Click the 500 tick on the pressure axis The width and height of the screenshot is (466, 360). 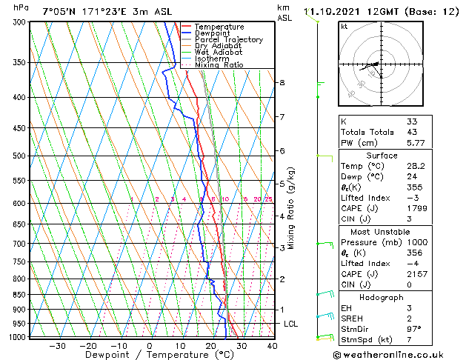(x=20, y=156)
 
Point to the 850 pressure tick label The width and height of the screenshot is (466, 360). (x=20, y=295)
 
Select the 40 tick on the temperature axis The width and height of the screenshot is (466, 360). (x=272, y=345)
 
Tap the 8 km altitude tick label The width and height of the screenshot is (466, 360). (x=282, y=82)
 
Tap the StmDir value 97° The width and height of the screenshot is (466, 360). (x=414, y=328)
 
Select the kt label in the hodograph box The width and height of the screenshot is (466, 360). (x=344, y=27)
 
